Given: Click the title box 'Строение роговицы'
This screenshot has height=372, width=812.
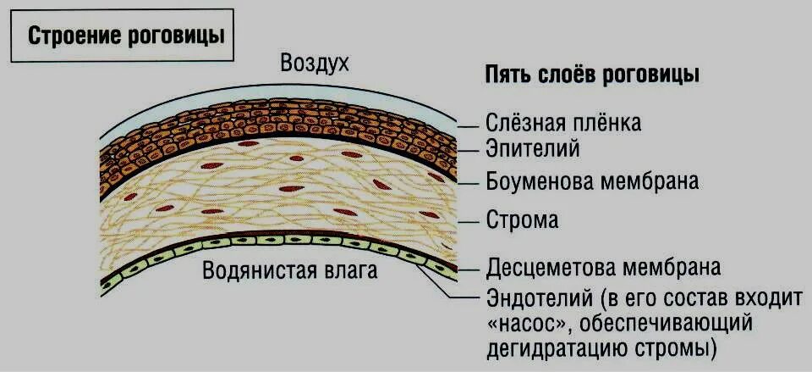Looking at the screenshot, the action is [126, 36].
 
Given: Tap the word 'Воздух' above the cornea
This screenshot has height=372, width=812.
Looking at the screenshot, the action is [314, 64].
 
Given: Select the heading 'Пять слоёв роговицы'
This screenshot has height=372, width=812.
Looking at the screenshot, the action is [592, 74].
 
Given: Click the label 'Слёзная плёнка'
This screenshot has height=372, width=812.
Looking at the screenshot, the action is [563, 123].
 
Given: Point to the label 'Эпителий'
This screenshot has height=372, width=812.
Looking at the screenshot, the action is [533, 150].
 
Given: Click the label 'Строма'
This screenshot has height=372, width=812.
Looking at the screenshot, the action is [522, 221].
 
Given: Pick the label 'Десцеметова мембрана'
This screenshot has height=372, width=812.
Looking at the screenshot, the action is [603, 268].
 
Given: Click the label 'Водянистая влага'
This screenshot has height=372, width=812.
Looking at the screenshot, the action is [290, 272].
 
